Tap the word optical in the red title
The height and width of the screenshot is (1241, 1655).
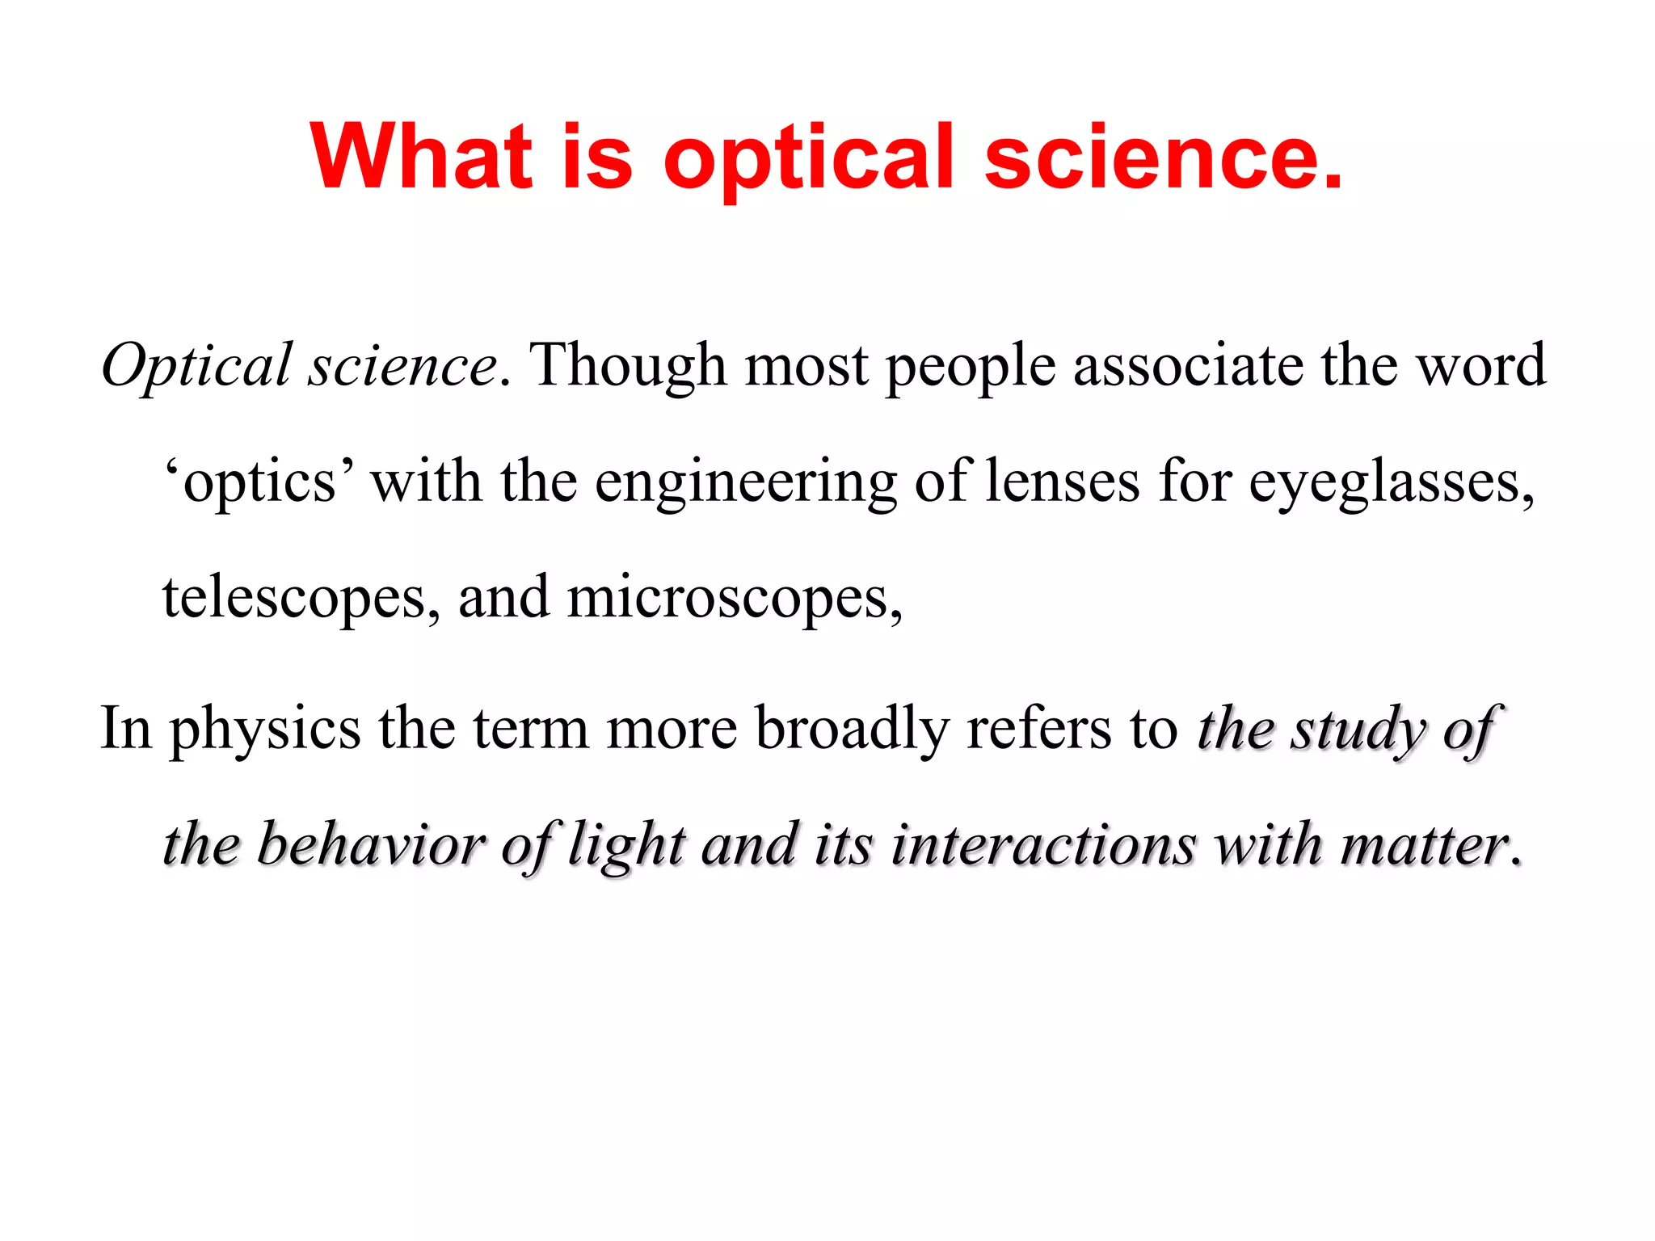(x=808, y=158)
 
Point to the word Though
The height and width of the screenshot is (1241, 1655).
(x=628, y=366)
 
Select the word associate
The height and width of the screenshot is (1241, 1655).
(x=1188, y=365)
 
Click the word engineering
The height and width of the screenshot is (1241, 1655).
(x=746, y=482)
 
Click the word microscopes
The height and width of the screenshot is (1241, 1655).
(x=734, y=599)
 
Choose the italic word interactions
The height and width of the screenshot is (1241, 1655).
(x=1043, y=844)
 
